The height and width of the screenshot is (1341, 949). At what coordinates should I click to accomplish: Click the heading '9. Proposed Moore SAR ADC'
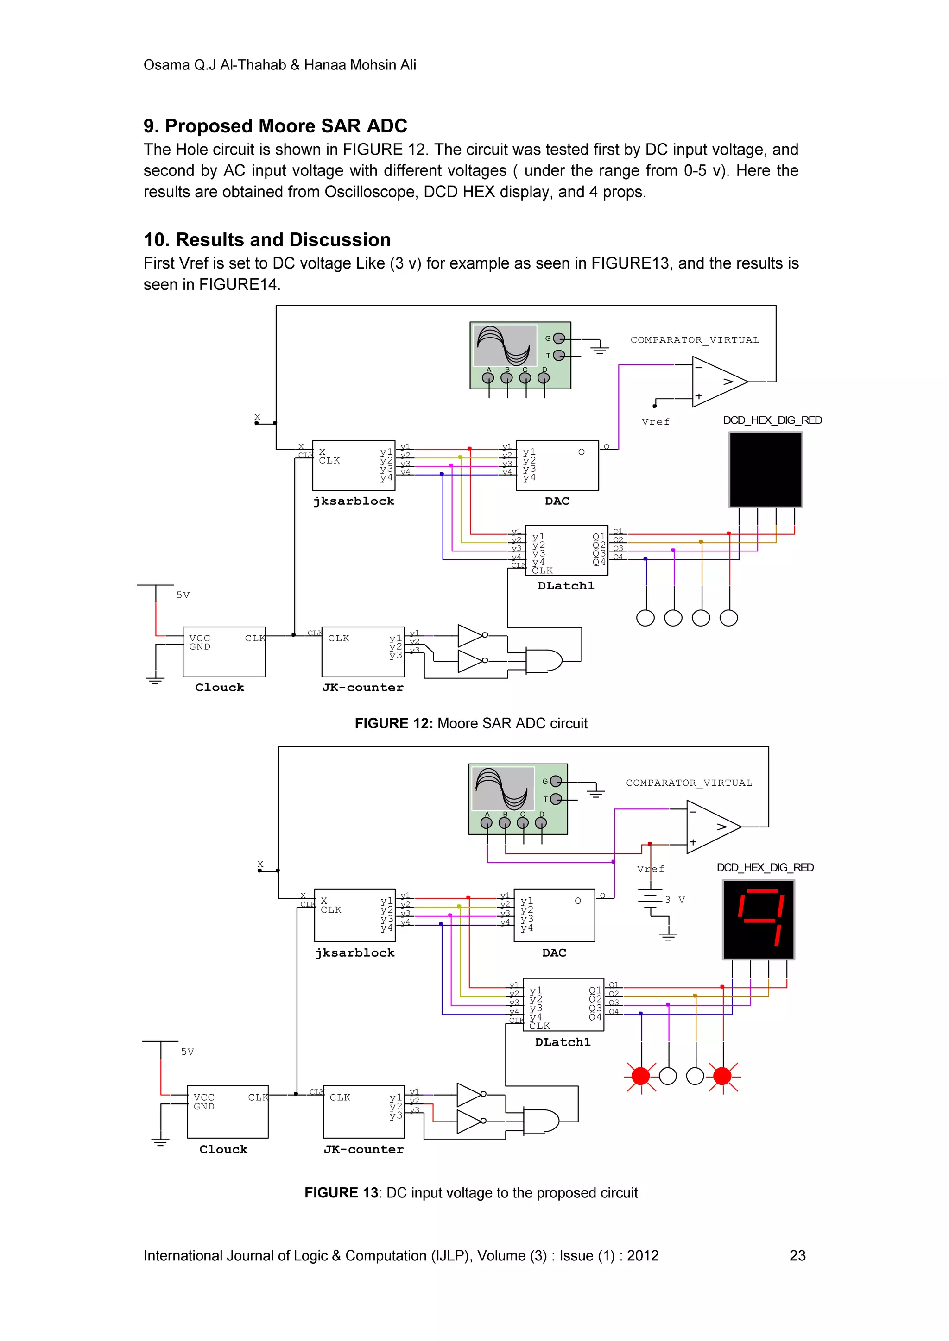click(275, 126)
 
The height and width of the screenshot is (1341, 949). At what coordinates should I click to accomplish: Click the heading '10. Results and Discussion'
click(267, 240)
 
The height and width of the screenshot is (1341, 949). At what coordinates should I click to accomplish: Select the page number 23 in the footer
click(797, 1255)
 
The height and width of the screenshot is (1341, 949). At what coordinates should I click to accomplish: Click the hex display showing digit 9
click(758, 919)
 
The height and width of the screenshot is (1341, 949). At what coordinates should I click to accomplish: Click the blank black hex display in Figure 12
click(765, 470)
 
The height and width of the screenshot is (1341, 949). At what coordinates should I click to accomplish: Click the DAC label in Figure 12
click(557, 501)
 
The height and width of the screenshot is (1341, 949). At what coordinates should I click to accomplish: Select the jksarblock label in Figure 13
click(354, 952)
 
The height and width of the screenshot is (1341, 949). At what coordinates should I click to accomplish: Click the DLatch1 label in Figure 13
click(563, 1042)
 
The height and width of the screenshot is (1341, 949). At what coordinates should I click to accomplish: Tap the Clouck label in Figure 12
click(220, 688)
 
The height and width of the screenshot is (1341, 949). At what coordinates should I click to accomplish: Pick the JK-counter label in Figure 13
click(363, 1149)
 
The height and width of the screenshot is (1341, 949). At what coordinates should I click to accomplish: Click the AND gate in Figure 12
click(544, 661)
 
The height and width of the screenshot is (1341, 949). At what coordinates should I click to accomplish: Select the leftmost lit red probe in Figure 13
click(640, 1076)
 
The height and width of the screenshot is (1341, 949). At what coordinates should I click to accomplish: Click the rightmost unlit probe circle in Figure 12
click(729, 618)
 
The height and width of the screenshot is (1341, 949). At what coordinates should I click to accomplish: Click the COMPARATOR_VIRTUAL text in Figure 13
click(689, 783)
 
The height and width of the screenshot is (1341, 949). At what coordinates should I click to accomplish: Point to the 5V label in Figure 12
click(183, 595)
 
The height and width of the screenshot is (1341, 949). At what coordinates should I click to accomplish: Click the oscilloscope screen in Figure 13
click(503, 789)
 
